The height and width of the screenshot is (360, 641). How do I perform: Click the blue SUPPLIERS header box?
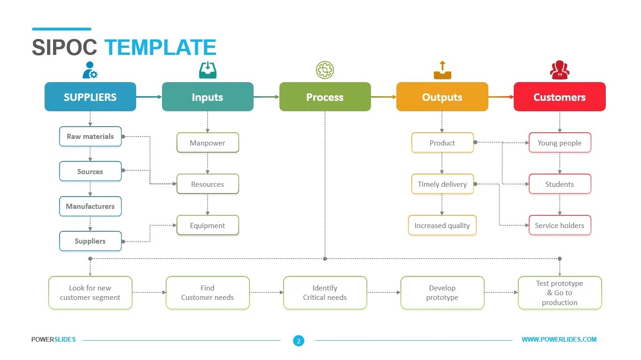[x=90, y=97]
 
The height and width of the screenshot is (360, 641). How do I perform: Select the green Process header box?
[x=325, y=97]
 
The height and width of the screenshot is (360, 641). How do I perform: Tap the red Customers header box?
[x=559, y=97]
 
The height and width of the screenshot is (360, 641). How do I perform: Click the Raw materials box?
[x=90, y=137]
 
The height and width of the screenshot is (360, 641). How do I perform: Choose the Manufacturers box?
[x=90, y=206]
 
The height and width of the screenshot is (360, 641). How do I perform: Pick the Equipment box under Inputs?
[x=208, y=225]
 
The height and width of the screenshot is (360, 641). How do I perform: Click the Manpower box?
[x=208, y=143]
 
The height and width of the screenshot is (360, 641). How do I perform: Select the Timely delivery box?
[x=442, y=184]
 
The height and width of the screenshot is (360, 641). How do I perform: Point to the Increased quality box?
[x=442, y=225]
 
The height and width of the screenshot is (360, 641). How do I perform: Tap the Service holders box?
[x=559, y=225]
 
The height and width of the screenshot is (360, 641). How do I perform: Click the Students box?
[x=559, y=184]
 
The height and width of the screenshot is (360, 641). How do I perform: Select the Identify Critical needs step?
[x=325, y=293]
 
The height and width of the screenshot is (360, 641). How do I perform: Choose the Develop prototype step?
[x=442, y=293]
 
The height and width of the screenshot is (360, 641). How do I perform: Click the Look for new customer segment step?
[x=90, y=293]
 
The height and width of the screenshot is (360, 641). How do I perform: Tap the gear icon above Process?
[x=325, y=70]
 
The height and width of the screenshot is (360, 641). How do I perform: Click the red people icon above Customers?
[x=559, y=70]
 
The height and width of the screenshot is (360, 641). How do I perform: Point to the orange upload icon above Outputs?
[x=442, y=70]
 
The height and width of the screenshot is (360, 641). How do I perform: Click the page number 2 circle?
[x=299, y=341]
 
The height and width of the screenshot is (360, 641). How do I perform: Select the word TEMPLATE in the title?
[x=160, y=48]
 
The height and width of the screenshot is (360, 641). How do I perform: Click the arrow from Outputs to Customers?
[x=501, y=97]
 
